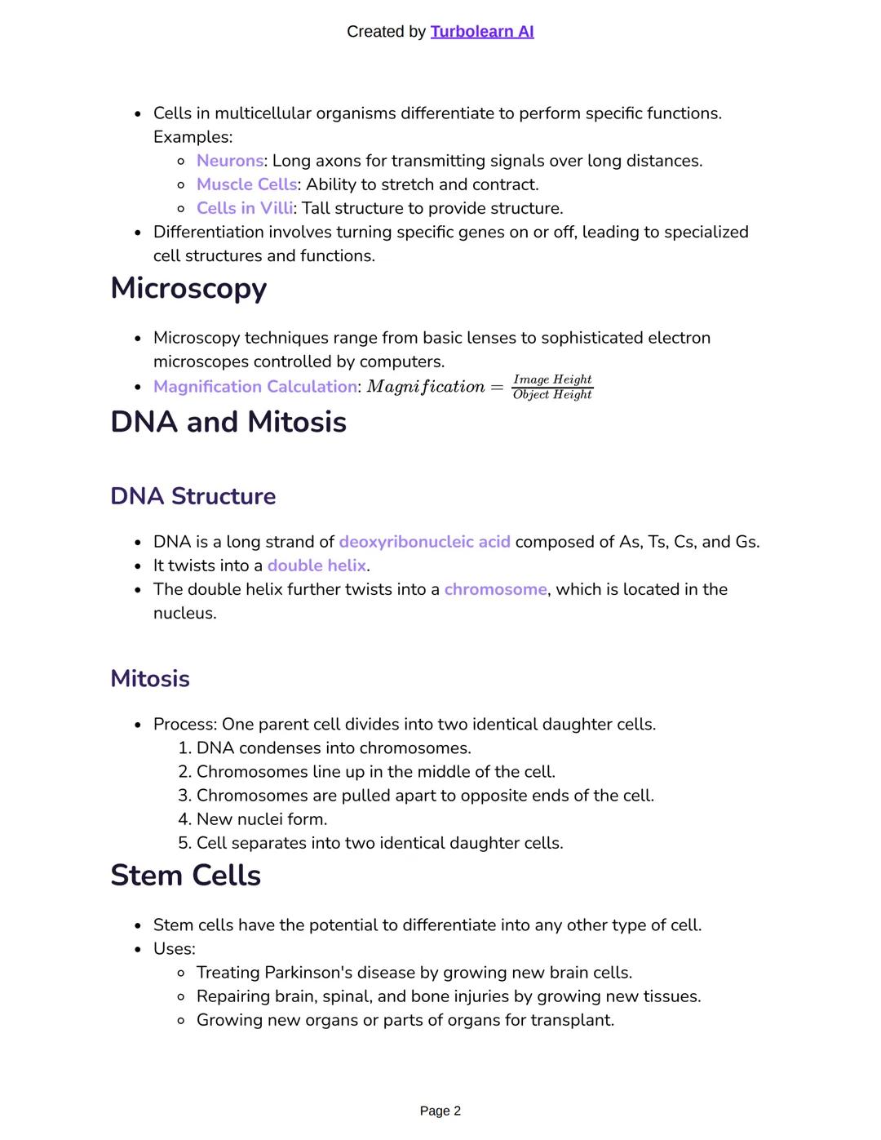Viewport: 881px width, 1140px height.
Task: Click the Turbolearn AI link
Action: pos(481,32)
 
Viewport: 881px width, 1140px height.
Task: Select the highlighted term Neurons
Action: pos(229,161)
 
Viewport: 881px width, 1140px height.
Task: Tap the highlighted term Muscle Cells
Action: pos(246,184)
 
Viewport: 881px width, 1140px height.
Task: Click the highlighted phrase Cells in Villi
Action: pos(244,208)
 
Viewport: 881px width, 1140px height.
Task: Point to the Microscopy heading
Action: pos(188,289)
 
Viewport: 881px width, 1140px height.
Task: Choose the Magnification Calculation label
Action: pos(255,387)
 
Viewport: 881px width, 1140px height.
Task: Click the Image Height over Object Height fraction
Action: pos(552,387)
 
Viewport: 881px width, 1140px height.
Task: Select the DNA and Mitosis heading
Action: pos(228,422)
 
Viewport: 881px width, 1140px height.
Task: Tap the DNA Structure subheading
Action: pos(193,496)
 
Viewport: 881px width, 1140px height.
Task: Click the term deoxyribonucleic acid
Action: pos(424,542)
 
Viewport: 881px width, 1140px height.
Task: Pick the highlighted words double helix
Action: pos(317,566)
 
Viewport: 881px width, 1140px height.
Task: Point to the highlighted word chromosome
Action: pos(495,589)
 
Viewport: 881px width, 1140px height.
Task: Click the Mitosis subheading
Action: pos(150,679)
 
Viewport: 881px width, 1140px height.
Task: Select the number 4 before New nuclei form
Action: pos(184,819)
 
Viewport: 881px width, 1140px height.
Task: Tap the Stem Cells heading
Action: pos(185,876)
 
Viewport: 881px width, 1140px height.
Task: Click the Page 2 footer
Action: pos(440,1111)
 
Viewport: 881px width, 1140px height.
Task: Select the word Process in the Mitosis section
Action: pos(184,725)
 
